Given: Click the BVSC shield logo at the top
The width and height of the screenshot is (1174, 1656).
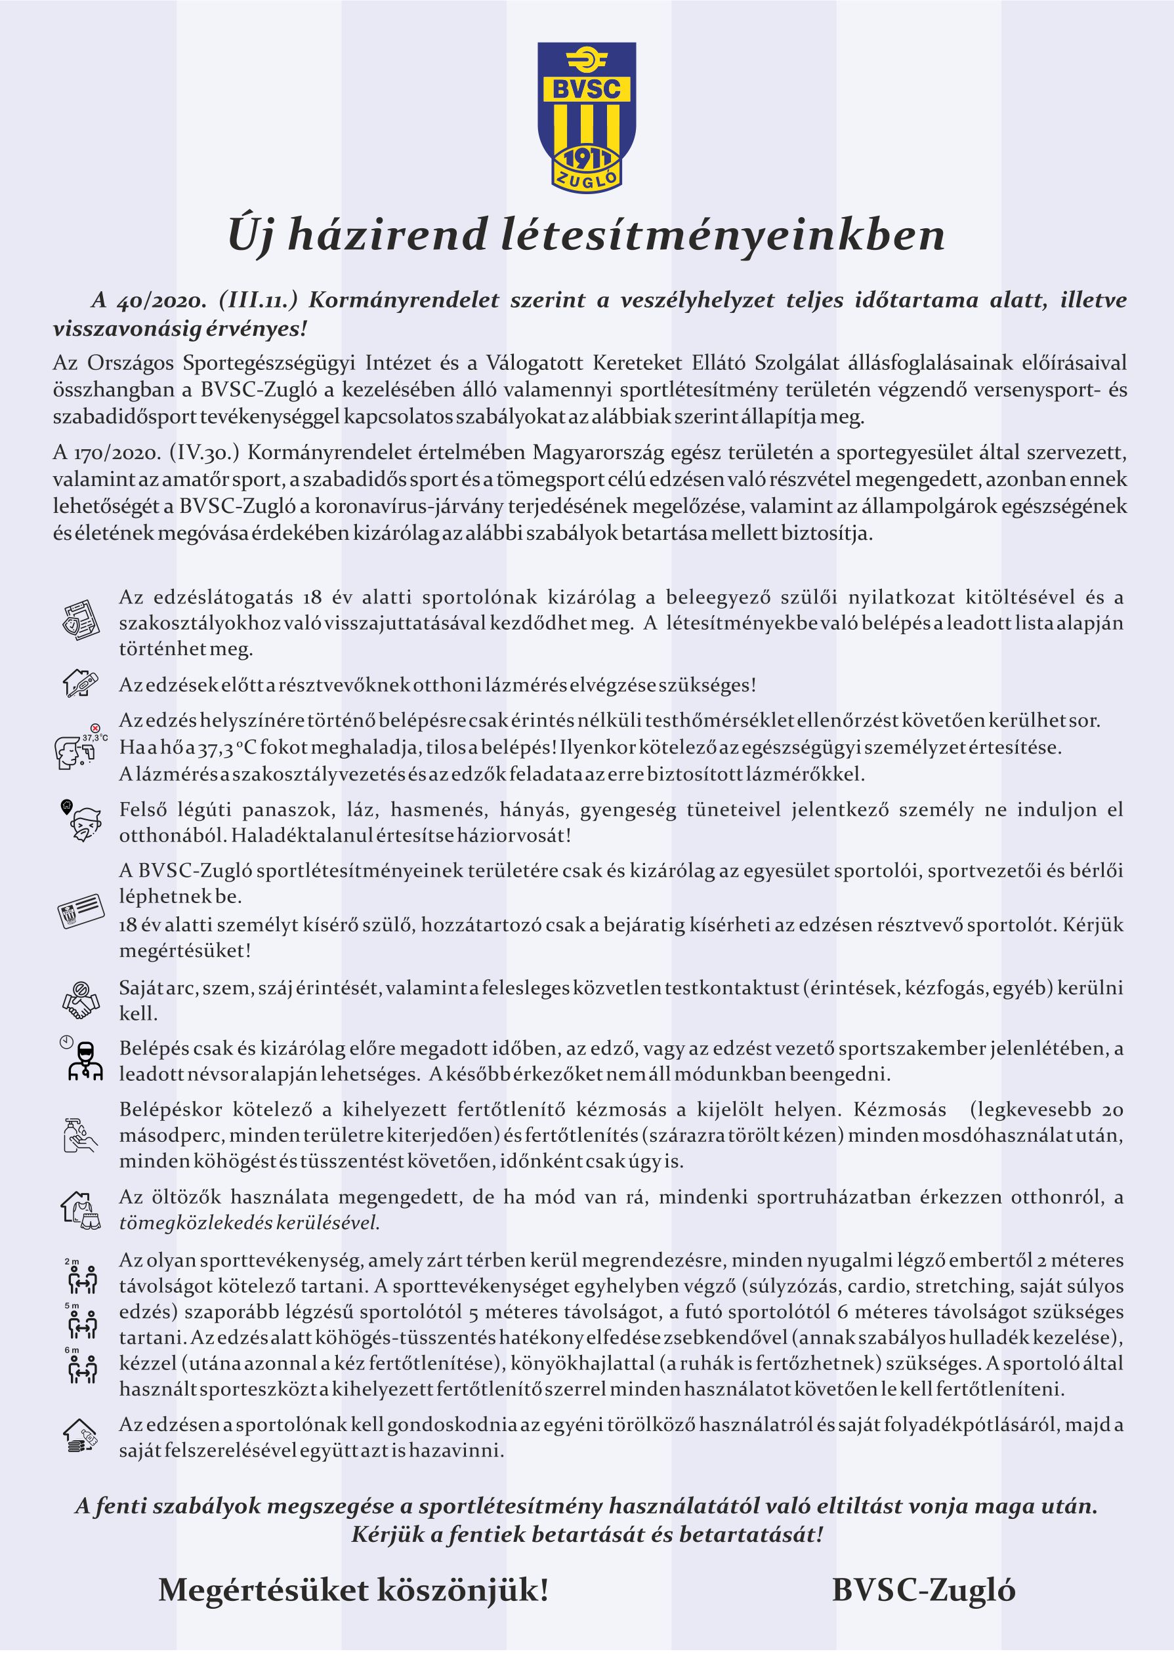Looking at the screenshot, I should (586, 115).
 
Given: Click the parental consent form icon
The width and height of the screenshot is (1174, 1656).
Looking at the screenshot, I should (79, 618).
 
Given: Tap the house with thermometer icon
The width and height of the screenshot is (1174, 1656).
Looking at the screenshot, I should (79, 683).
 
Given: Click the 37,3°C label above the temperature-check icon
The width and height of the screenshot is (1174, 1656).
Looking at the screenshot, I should (94, 738).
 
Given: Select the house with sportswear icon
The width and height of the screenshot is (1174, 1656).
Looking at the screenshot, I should (79, 1208).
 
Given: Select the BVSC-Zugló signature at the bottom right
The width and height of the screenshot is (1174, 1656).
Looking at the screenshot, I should (923, 1590).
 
